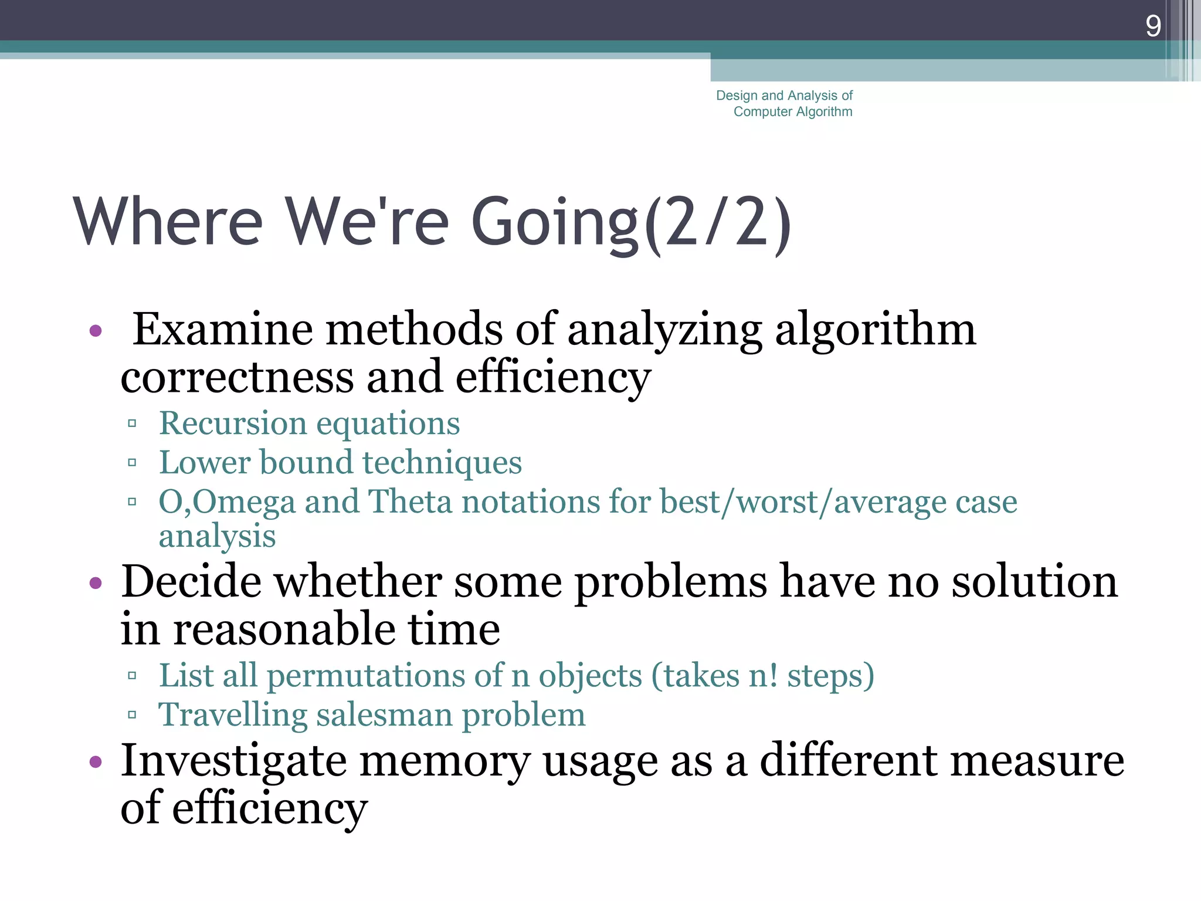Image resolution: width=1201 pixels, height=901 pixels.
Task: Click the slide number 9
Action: point(1153,26)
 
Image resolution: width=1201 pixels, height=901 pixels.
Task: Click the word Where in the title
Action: point(168,222)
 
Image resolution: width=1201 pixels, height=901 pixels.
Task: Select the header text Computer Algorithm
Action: point(793,111)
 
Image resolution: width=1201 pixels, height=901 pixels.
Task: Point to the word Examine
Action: point(223,330)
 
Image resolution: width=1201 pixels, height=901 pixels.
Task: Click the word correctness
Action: point(237,377)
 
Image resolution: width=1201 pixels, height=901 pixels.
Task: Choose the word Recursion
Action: point(232,424)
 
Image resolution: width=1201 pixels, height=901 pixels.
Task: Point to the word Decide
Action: point(191,582)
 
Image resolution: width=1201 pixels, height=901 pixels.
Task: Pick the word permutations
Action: point(365,676)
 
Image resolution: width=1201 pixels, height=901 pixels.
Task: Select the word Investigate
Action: point(233,761)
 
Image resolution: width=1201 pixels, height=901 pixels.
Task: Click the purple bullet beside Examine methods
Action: point(96,331)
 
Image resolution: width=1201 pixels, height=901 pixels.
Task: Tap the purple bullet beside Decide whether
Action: point(96,584)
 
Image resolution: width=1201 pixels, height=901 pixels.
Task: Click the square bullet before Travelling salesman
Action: point(132,715)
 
